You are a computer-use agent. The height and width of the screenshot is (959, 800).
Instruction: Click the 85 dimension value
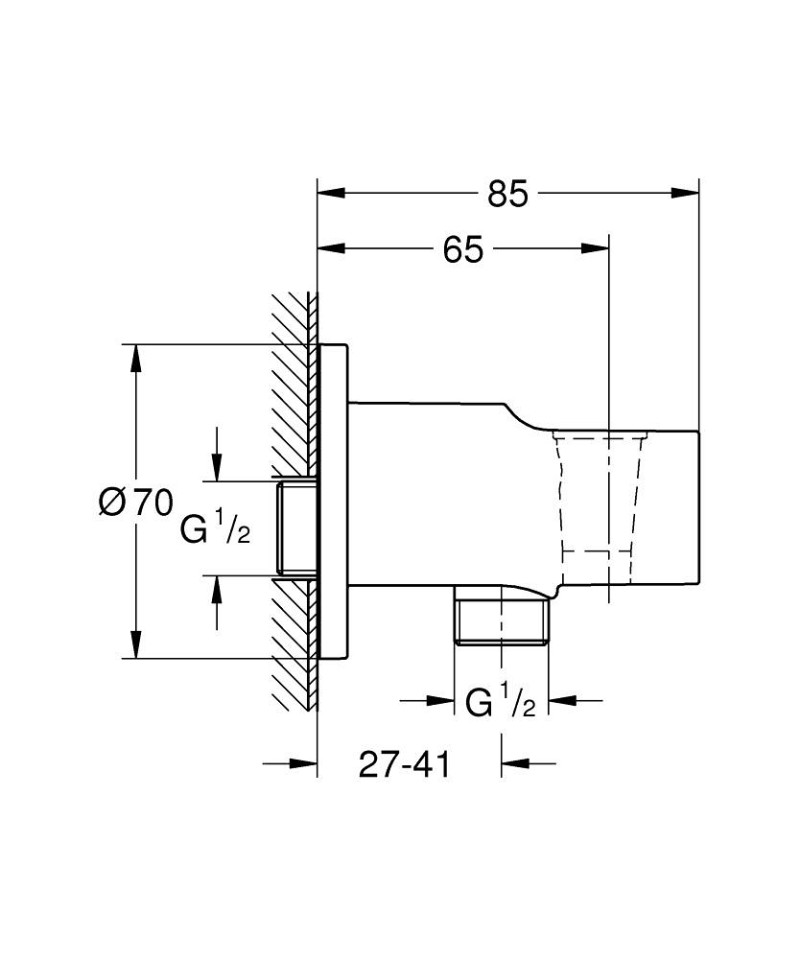(507, 193)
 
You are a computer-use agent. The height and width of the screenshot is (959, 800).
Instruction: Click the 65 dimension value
(463, 249)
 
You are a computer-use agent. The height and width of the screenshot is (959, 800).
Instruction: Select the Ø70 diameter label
(136, 502)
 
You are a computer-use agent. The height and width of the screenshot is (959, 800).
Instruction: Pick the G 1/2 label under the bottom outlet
(502, 703)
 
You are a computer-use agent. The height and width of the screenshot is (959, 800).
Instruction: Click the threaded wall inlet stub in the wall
(297, 529)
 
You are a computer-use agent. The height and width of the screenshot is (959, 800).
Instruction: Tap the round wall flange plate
(334, 501)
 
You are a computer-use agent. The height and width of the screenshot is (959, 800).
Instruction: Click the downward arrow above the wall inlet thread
(216, 466)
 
